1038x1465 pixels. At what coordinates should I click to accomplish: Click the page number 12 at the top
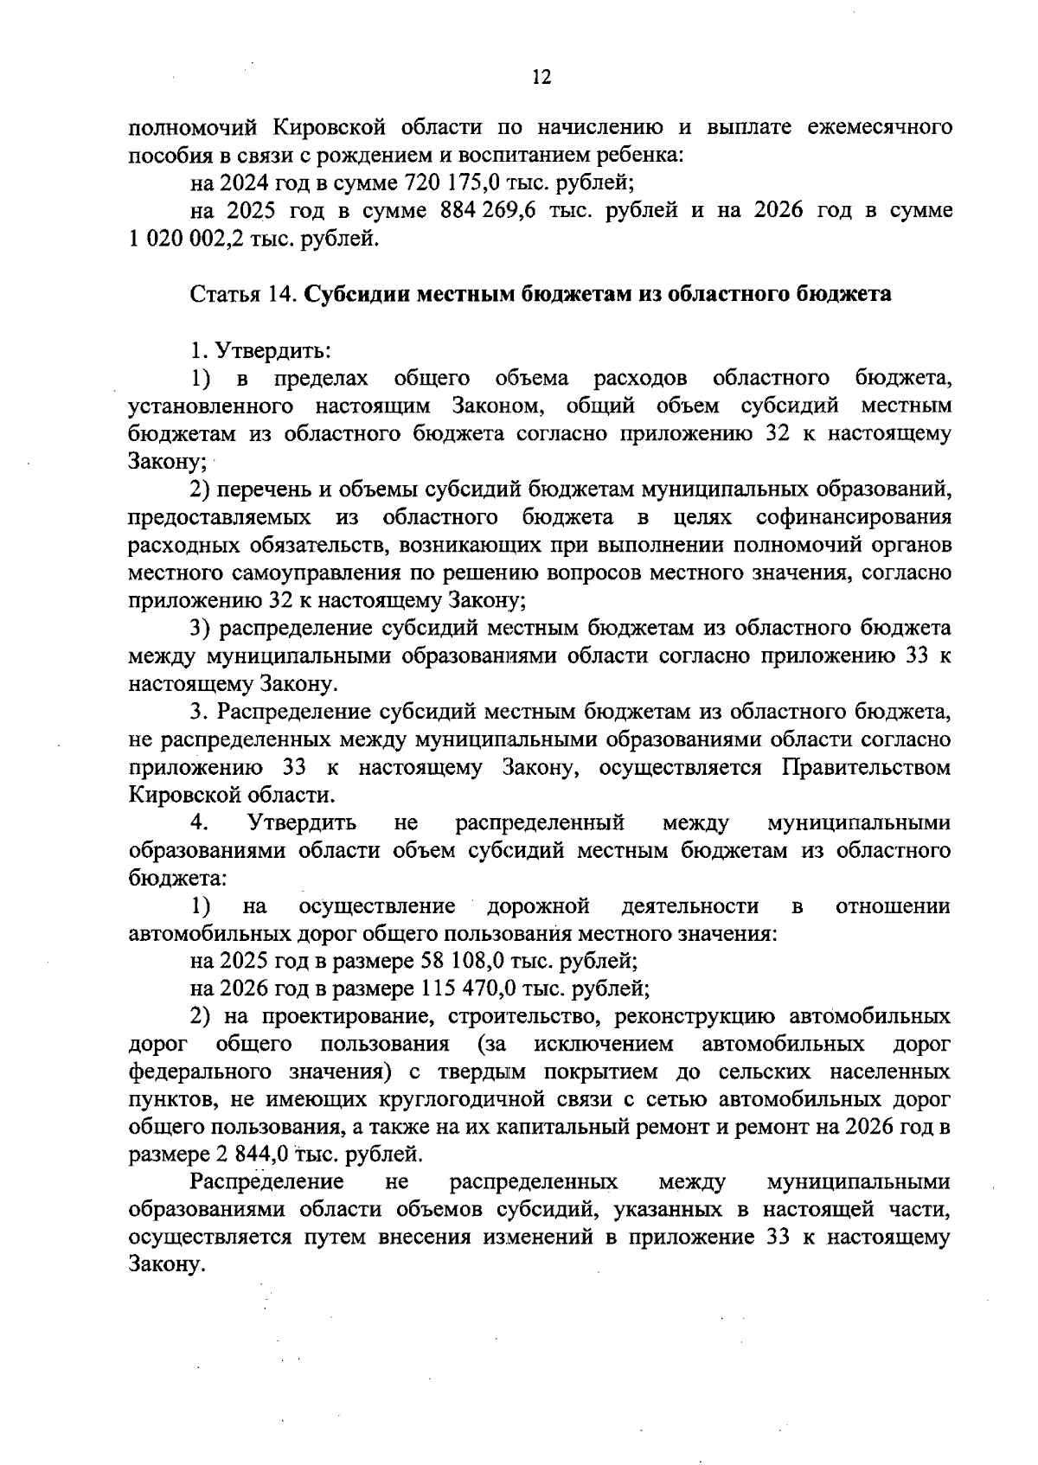tap(541, 78)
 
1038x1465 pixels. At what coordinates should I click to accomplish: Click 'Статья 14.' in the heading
tap(244, 294)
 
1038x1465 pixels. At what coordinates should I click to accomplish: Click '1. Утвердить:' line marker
tap(259, 350)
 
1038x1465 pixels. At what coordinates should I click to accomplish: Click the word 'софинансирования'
tap(853, 517)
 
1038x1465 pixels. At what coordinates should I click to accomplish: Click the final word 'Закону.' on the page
tap(167, 1264)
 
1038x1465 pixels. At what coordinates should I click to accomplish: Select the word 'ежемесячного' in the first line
tap(880, 128)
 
